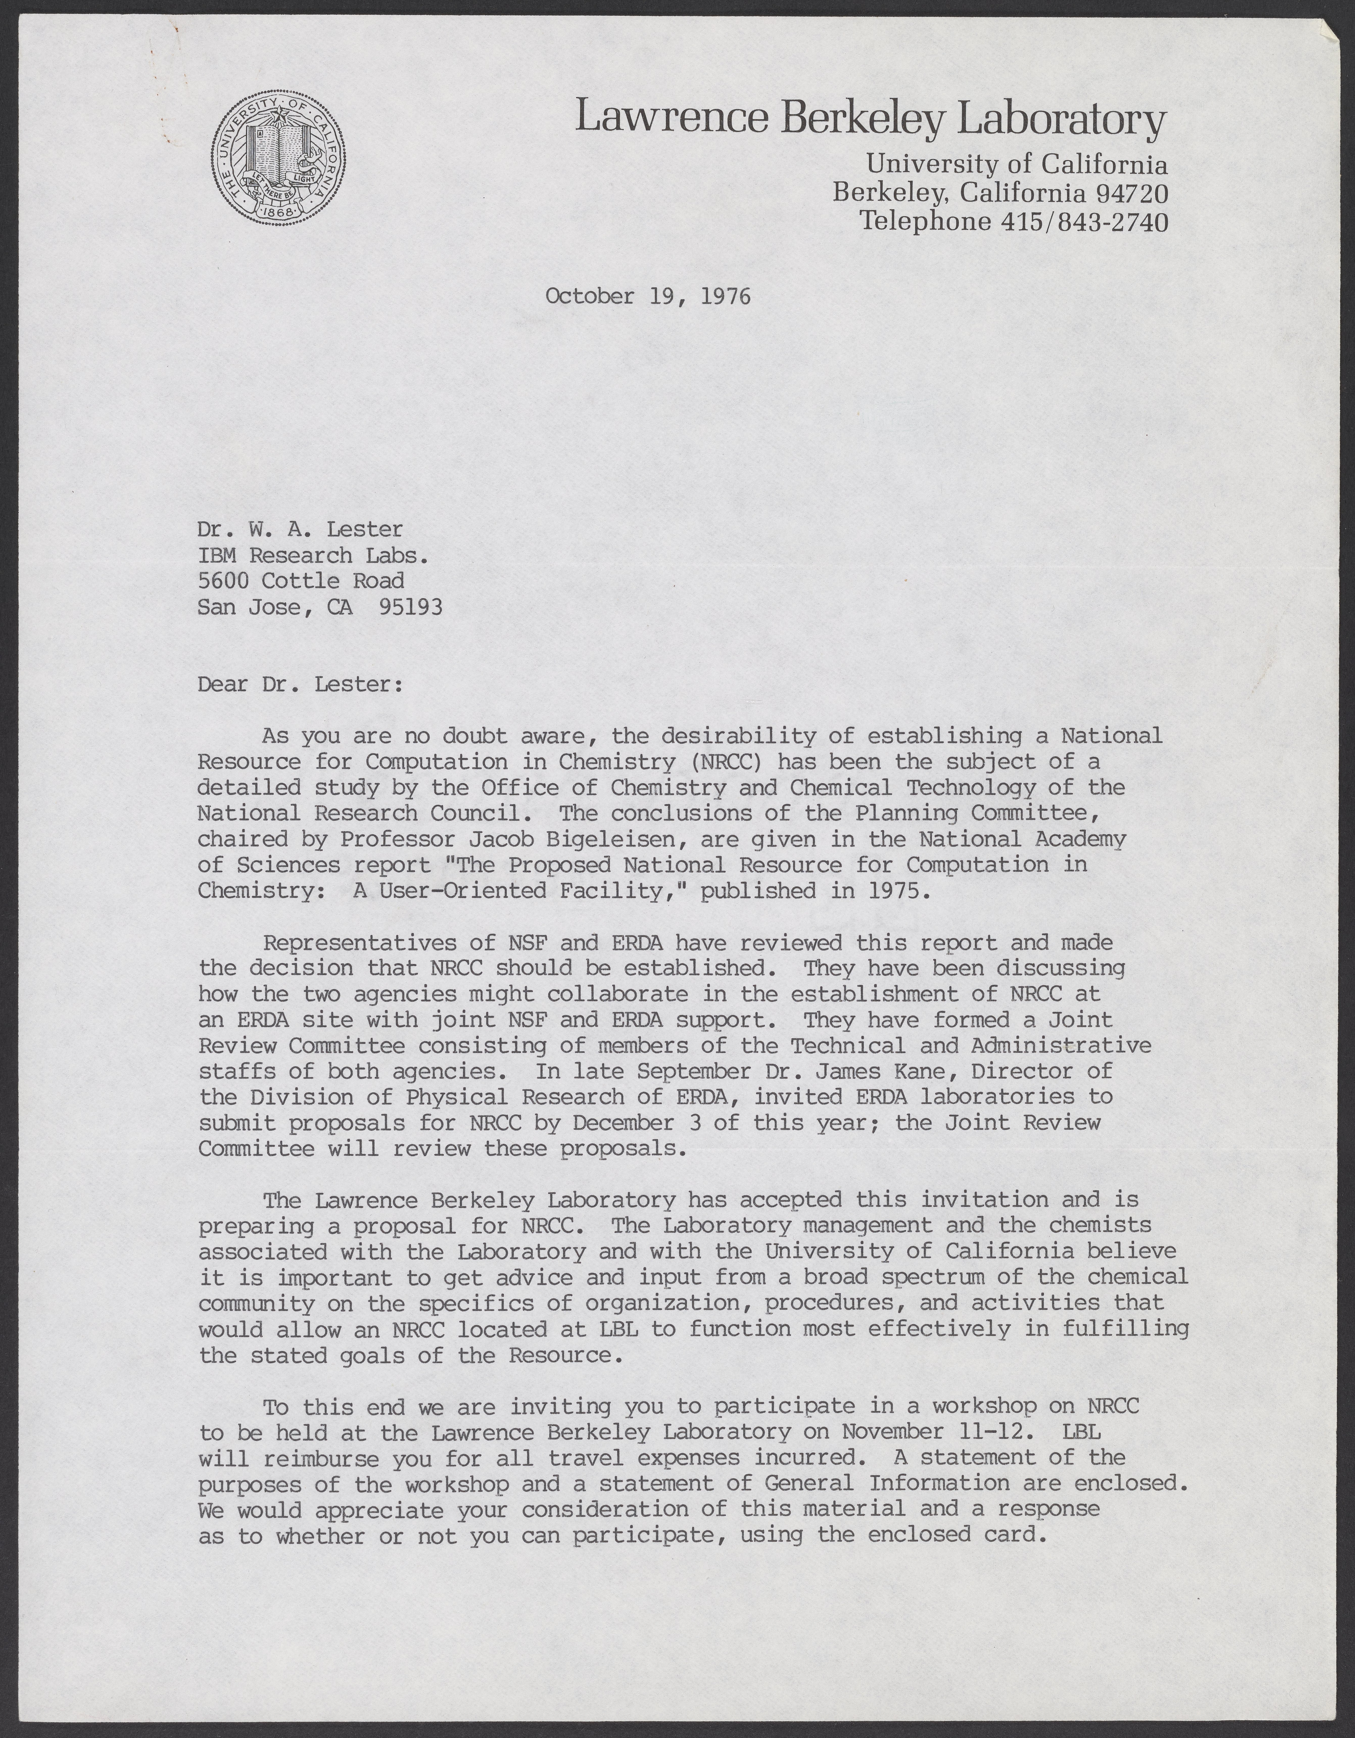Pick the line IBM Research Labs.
pyautogui.click(x=314, y=556)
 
